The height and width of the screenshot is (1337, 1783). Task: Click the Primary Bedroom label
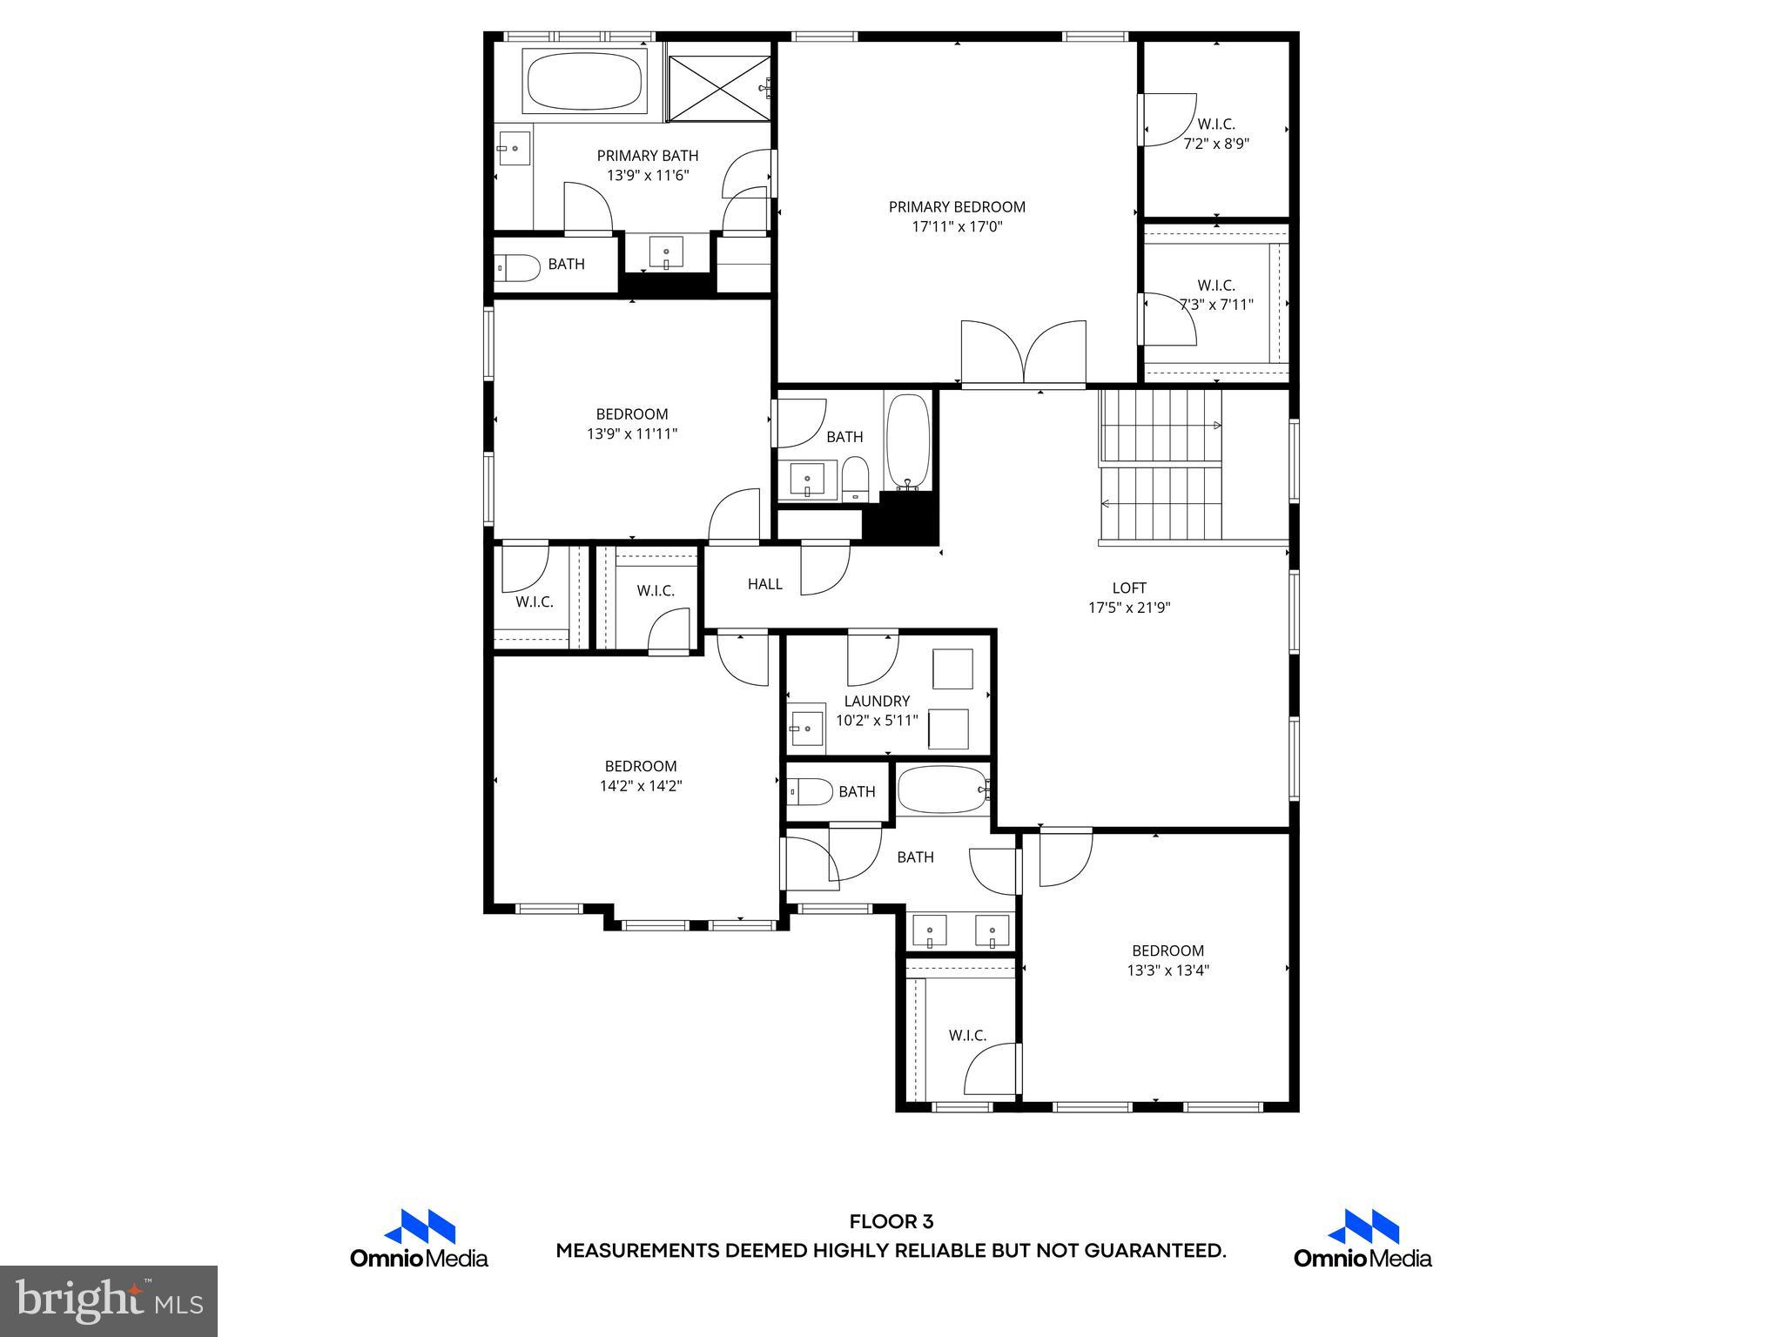pyautogui.click(x=957, y=207)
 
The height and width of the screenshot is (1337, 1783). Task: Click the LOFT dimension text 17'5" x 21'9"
pyautogui.click(x=1129, y=608)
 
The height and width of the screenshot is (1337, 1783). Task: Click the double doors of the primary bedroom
pyautogui.click(x=1024, y=353)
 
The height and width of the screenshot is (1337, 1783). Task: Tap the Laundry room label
pyautogui.click(x=877, y=701)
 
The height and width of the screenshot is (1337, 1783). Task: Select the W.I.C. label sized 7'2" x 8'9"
pyautogui.click(x=1216, y=134)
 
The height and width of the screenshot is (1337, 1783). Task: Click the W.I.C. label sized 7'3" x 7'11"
pyautogui.click(x=1216, y=295)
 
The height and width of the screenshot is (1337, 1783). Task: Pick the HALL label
pyautogui.click(x=764, y=584)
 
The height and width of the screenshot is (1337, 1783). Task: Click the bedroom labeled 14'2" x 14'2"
pyautogui.click(x=641, y=776)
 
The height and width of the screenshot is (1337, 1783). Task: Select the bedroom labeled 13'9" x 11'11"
pyautogui.click(x=632, y=424)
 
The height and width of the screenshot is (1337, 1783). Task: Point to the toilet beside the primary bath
pyautogui.click(x=517, y=267)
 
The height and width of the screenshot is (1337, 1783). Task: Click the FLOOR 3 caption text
pyautogui.click(x=891, y=1221)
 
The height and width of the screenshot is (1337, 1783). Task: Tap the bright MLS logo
pyautogui.click(x=109, y=1301)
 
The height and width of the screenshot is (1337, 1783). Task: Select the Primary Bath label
pyautogui.click(x=647, y=156)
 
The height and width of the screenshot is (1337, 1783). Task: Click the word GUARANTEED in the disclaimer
pyautogui.click(x=1154, y=1251)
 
